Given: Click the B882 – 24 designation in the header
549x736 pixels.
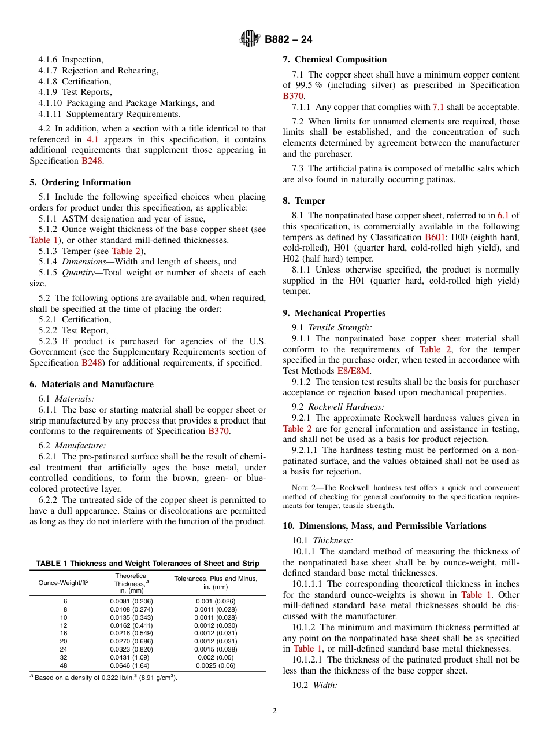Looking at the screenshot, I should point(288,40).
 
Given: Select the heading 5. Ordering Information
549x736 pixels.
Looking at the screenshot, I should point(80,182).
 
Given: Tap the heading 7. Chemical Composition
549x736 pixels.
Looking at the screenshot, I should point(335,60).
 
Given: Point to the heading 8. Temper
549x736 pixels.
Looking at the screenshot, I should point(304,201).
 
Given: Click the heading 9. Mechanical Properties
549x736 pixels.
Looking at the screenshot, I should point(334,313).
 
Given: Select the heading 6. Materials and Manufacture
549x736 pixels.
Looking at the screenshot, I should point(91,384).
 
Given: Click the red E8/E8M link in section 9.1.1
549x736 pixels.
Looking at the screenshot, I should point(354,371).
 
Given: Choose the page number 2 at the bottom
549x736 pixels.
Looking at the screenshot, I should point(274,711).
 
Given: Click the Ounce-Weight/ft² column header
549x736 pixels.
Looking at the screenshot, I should point(64,583).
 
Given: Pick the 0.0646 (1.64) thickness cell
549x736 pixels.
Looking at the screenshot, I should point(131,665).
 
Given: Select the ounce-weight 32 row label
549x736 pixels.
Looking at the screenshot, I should point(65,658).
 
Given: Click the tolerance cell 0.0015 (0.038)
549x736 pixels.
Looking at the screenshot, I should point(216,649).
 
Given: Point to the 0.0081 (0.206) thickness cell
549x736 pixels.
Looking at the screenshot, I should point(131,601).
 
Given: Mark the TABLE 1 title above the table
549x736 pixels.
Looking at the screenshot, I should point(147,564).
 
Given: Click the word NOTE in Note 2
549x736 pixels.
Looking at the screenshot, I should point(301,488).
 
